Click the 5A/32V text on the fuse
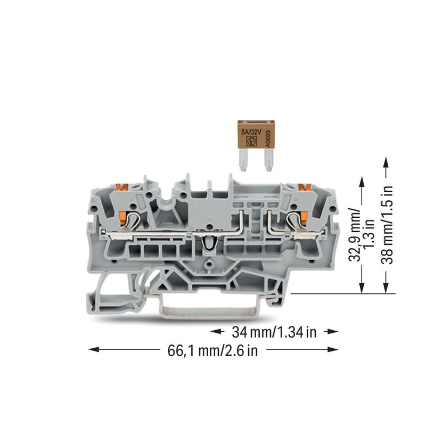pyautogui.click(x=251, y=132)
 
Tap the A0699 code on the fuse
pyautogui.click(x=268, y=138)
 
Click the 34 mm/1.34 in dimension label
pyautogui.click(x=274, y=332)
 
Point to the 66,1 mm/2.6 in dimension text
pyautogui.click(x=212, y=350)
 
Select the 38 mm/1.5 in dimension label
pyautogui.click(x=387, y=224)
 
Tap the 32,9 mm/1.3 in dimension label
pyautogui.click(x=362, y=235)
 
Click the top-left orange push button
pyautogui.click(x=121, y=187)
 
